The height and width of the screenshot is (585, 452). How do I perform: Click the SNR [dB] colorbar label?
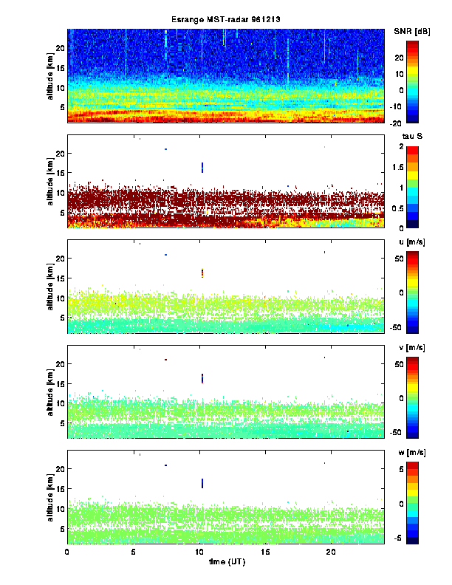point(413,30)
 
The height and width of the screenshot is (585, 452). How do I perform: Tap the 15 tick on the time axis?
point(265,552)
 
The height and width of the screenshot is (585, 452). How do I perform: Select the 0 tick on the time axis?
point(67,552)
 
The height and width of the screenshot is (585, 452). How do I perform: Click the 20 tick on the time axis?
point(332,552)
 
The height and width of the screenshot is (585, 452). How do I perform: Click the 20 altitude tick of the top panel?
point(60,48)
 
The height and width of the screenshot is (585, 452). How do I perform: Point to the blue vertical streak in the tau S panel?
point(202,168)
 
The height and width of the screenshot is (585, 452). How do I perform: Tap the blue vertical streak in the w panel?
point(202,483)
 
